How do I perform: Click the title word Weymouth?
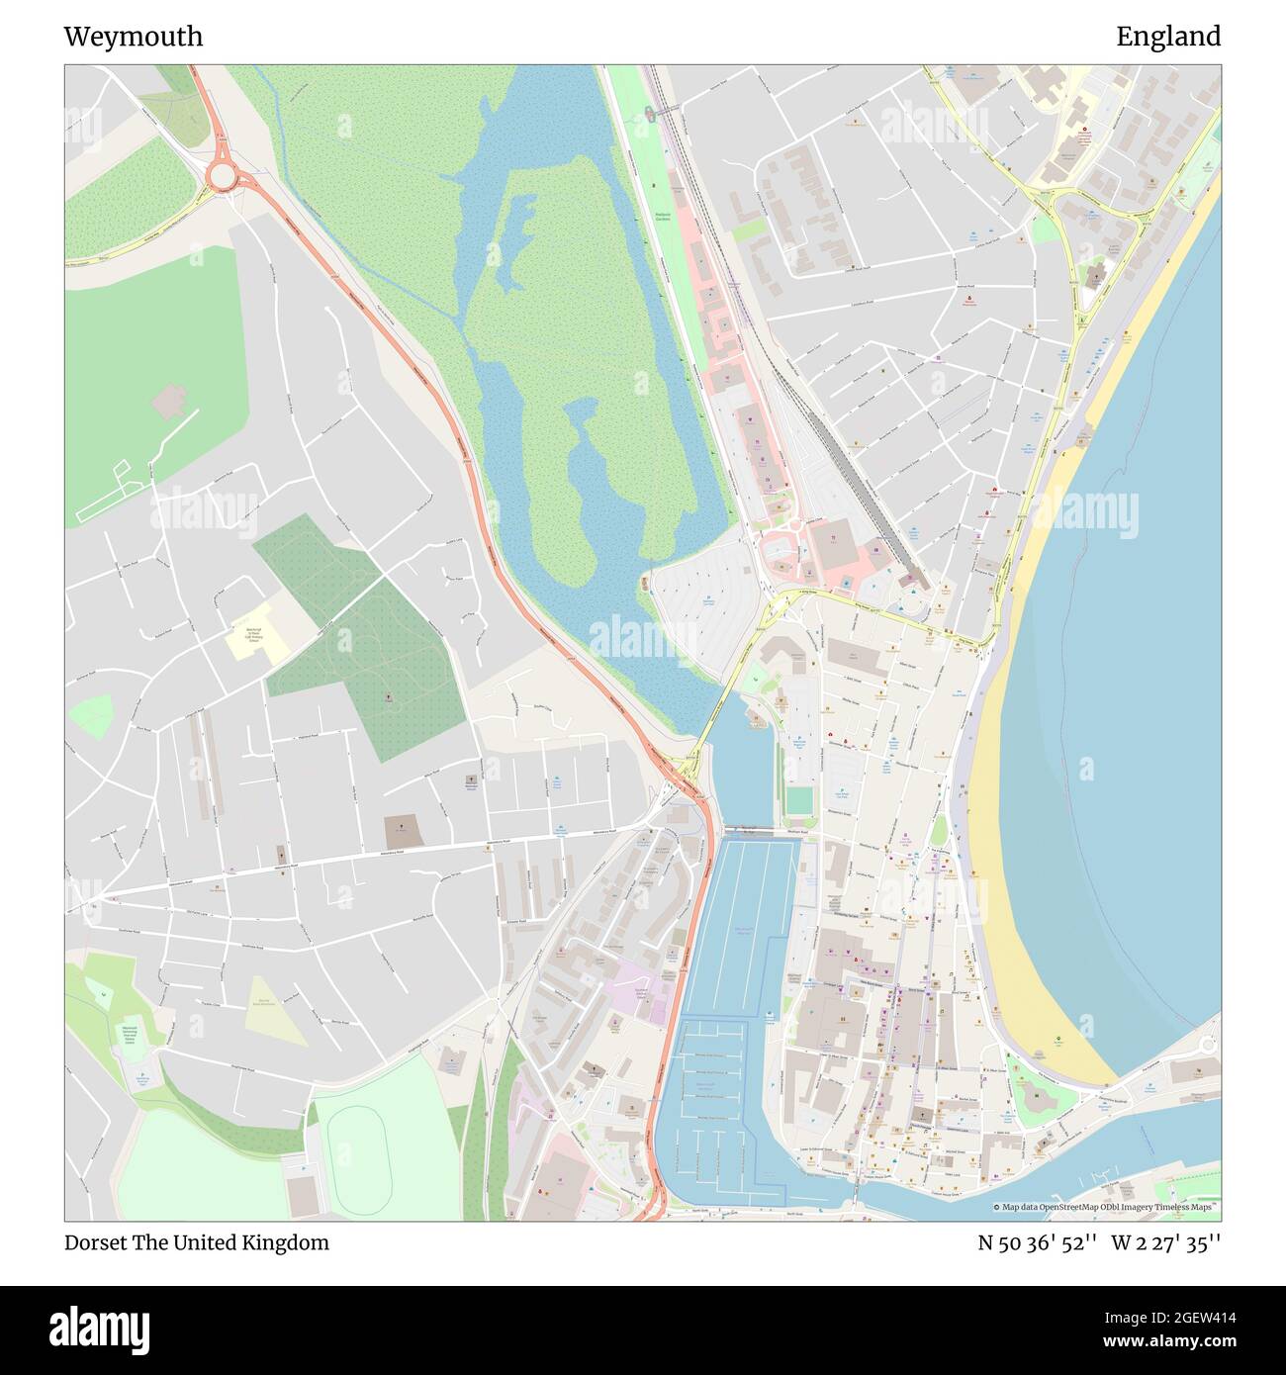134,37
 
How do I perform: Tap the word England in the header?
1168,37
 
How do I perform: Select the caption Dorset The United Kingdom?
197,1242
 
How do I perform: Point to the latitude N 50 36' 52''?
1037,1242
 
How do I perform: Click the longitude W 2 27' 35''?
1166,1242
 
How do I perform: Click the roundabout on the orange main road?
223,176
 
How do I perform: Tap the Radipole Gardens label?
662,216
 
